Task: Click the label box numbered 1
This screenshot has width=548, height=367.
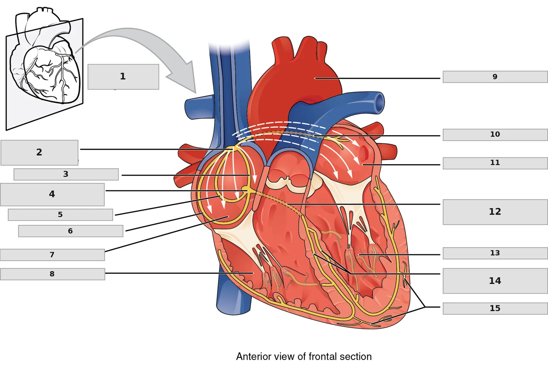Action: pos(123,77)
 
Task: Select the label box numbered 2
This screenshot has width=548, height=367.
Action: pos(39,153)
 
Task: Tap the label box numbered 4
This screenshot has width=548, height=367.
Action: pos(52,194)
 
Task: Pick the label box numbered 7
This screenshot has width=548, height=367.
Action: pos(52,255)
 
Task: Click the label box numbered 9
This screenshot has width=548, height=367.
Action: pos(495,77)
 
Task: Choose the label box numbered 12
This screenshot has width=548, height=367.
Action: pos(495,212)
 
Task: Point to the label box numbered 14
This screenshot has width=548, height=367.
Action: pos(495,281)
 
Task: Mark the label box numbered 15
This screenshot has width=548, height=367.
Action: pos(495,308)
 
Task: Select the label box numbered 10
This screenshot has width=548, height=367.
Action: pos(495,134)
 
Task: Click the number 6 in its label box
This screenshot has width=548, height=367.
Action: pos(70,231)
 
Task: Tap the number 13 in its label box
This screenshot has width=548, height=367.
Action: pos(495,253)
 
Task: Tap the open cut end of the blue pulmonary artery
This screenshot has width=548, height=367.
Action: pos(380,103)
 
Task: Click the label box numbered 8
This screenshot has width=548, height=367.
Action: pos(52,274)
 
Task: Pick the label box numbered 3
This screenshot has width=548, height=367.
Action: pos(66,174)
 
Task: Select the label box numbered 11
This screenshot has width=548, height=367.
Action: pos(495,163)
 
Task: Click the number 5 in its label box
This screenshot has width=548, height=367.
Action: pos(60,215)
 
